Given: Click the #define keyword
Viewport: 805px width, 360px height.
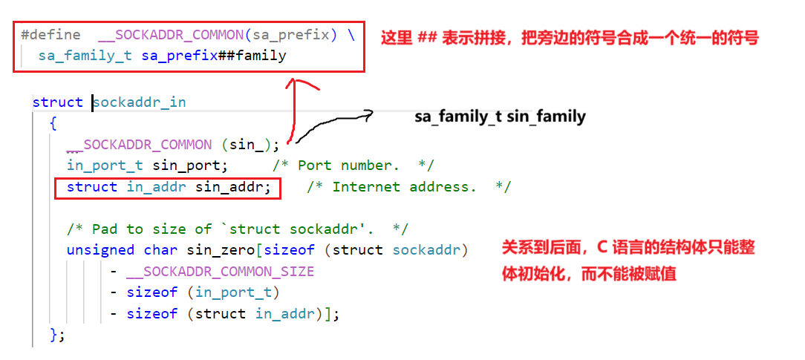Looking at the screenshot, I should coord(50,34).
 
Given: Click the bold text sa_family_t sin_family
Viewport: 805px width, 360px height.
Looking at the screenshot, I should coord(500,117).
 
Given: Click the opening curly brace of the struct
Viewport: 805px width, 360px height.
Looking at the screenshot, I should coord(53,123).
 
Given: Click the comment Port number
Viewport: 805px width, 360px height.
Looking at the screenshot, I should coord(353,165).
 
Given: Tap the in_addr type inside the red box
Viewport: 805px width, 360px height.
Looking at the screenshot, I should coord(156,187).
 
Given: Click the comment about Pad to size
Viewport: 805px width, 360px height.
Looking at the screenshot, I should coord(237,229).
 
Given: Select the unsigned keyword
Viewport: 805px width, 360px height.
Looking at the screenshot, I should coord(100,250).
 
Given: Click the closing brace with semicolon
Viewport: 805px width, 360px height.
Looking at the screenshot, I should coord(57,335).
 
